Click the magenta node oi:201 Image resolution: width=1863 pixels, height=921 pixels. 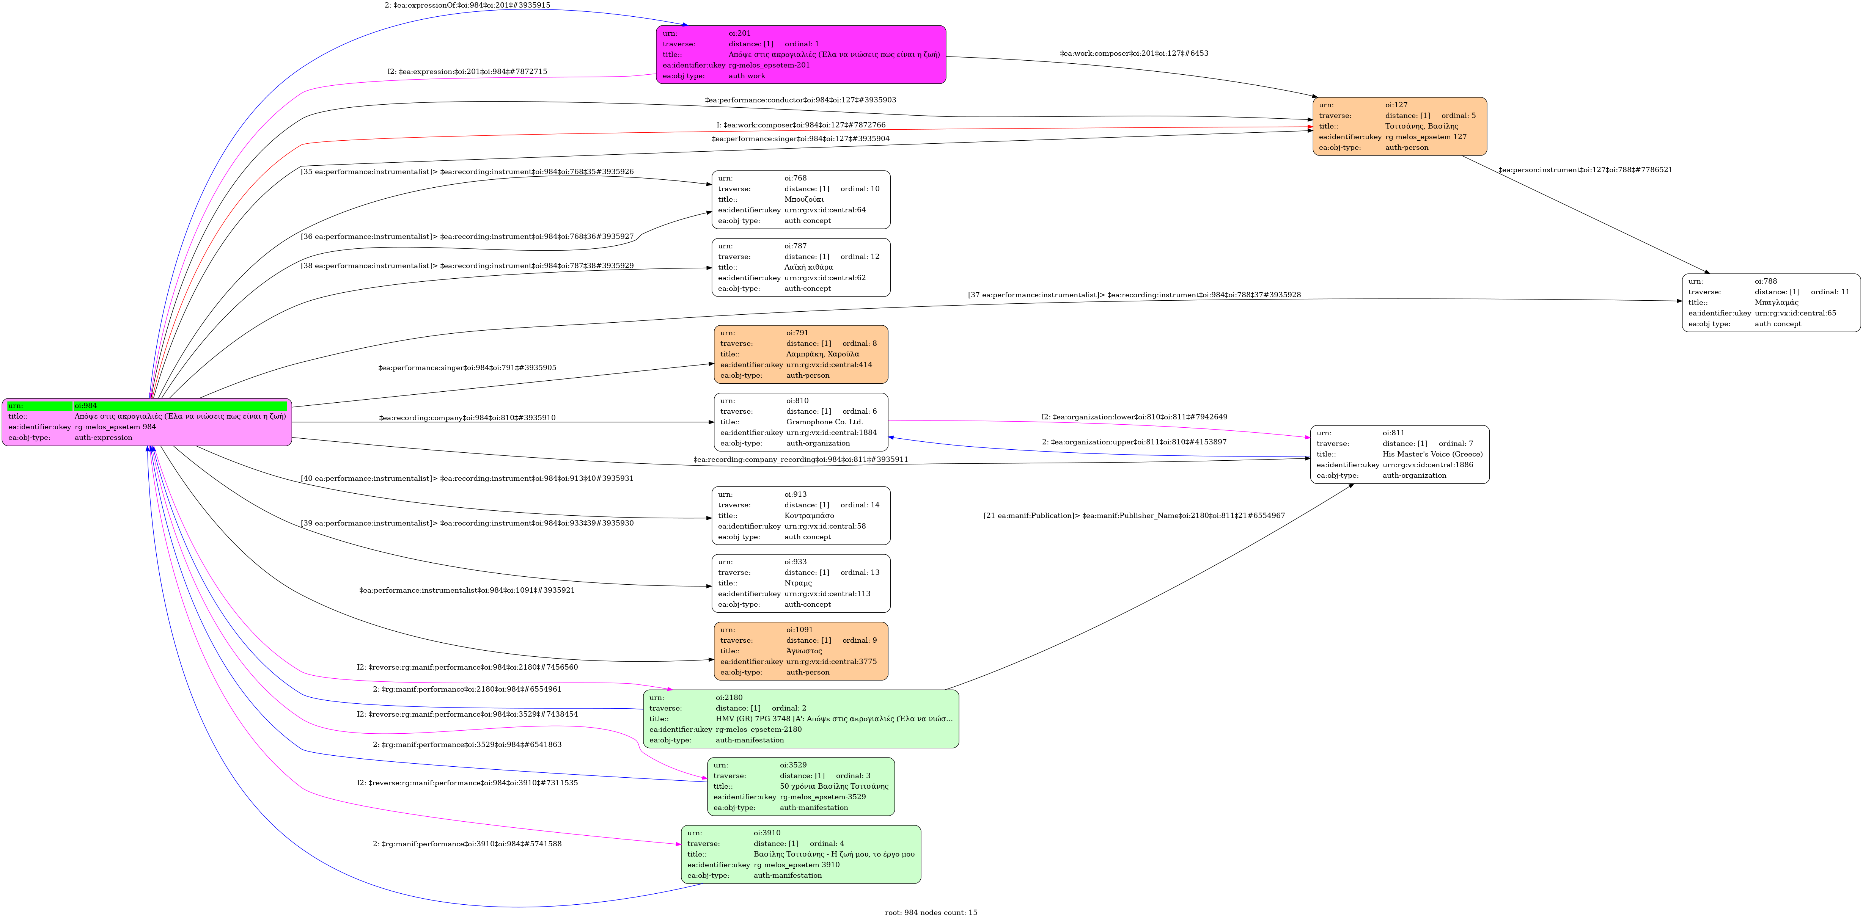tap(800, 55)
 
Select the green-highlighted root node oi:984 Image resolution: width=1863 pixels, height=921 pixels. tap(147, 422)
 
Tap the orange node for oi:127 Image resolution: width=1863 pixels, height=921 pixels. tap(1399, 127)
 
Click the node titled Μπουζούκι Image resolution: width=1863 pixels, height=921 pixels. tap(800, 199)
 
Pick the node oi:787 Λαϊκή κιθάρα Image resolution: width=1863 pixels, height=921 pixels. tap(800, 267)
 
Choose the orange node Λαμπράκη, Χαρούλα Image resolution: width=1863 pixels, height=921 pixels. tap(800, 354)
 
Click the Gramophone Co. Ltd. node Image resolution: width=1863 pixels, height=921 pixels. tap(800, 422)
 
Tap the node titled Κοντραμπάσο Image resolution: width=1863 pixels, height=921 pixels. tap(800, 515)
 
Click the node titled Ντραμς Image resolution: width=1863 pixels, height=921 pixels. tap(800, 584)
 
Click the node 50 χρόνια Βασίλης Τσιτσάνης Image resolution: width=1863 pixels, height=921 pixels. tap(800, 786)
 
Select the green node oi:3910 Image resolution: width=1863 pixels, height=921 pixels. tap(800, 855)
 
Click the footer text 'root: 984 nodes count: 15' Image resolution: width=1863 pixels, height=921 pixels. tap(931, 912)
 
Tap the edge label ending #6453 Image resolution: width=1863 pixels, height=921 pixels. tap(1133, 53)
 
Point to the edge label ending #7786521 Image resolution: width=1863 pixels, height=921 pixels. tap(1585, 170)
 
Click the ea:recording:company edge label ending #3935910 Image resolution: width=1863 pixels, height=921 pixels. tap(467, 418)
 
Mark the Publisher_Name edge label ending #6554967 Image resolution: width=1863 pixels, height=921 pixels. tap(1133, 515)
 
